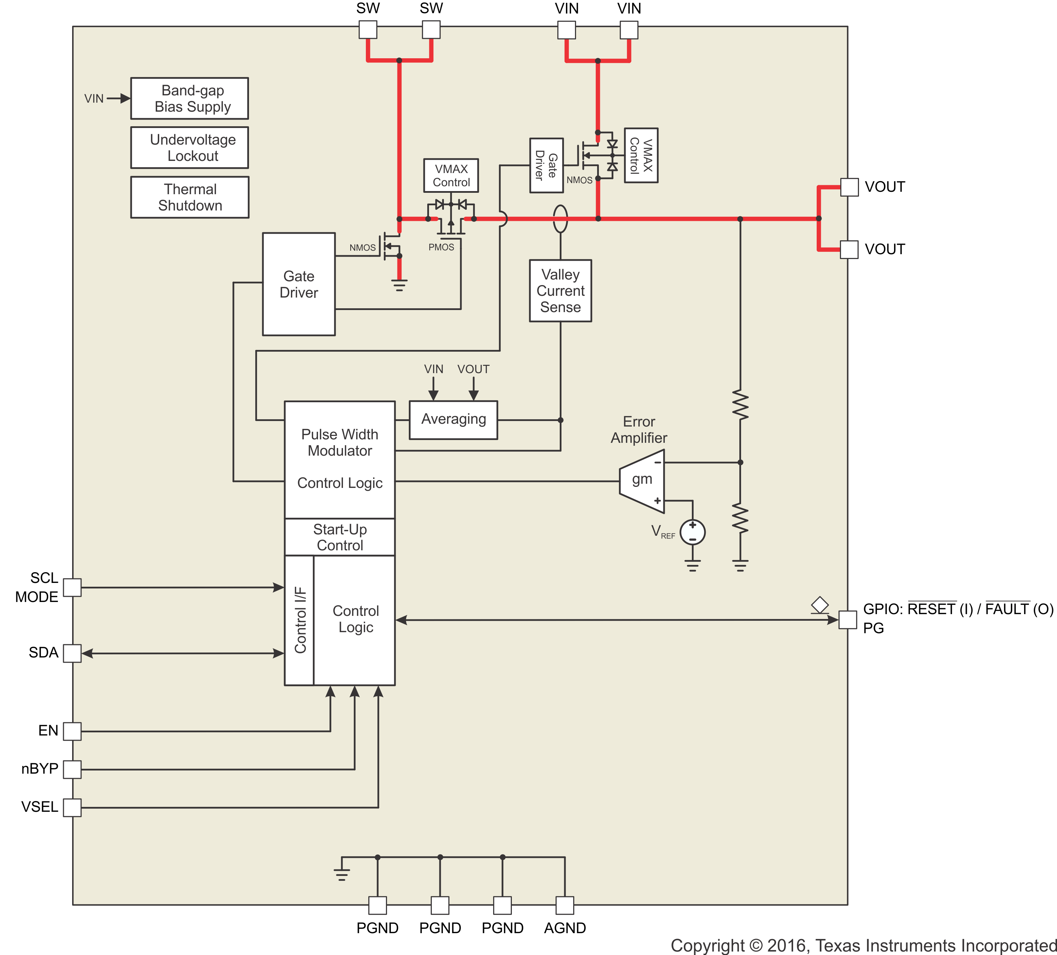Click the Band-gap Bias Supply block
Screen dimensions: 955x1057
189,98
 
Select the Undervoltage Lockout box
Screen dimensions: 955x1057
189,148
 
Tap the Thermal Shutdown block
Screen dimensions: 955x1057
189,197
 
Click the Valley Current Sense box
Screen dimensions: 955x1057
560,291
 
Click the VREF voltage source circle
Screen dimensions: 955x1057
692,532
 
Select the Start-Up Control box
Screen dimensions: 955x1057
340,537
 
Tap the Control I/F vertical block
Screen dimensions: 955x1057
299,620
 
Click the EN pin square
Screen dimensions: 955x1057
72,731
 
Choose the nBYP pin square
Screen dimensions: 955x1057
72,769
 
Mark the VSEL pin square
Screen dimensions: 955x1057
72,807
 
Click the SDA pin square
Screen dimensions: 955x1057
72,653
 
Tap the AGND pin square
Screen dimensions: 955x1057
565,905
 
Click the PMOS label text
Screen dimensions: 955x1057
441,247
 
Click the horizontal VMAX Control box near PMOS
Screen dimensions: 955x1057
451,175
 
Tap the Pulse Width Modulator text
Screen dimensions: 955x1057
340,442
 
